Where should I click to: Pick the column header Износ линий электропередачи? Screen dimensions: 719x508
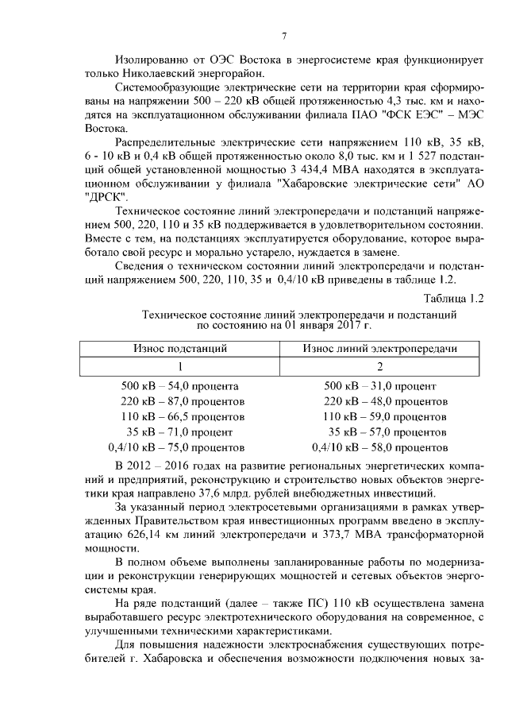click(x=380, y=348)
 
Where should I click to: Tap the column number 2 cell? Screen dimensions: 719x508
click(x=380, y=367)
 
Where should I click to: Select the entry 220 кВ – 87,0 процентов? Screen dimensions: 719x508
click(x=182, y=401)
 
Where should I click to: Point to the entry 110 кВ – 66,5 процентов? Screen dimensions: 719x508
click(x=182, y=416)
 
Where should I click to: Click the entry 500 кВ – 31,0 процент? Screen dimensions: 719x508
click(x=380, y=386)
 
